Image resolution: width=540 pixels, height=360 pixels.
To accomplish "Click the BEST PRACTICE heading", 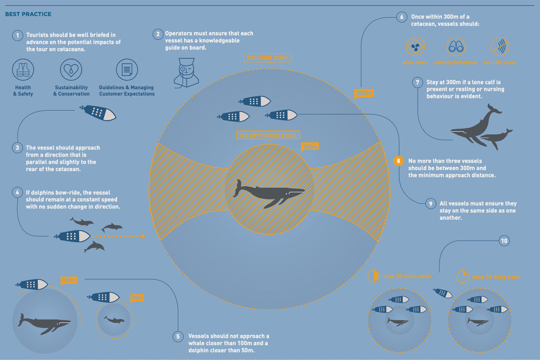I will click(28, 14).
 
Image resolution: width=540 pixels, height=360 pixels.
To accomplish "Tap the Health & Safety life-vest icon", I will click(23, 69).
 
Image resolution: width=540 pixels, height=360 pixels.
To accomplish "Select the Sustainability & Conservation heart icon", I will click(71, 69).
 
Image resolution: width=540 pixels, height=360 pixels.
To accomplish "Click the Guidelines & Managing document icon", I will click(127, 69).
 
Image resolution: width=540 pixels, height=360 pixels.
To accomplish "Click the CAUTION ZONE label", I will click(267, 58).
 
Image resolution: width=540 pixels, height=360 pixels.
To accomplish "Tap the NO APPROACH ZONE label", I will click(268, 135).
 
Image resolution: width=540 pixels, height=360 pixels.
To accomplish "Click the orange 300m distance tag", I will click(364, 94).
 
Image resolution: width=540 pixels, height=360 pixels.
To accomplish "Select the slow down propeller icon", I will click(415, 47).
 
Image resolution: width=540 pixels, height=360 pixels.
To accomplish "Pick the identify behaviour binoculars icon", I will click(456, 47).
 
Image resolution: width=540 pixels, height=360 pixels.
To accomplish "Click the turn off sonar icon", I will click(500, 47).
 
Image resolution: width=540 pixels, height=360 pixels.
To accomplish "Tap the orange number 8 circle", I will click(398, 161).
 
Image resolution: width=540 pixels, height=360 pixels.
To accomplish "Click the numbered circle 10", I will click(504, 241).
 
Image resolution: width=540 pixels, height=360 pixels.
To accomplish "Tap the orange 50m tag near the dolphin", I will click(137, 298).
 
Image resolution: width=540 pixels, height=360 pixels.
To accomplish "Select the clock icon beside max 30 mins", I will click(374, 276).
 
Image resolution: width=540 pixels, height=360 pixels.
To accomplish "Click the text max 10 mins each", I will click(496, 277).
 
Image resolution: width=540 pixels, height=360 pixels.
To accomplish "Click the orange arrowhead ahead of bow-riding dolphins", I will click(144, 237).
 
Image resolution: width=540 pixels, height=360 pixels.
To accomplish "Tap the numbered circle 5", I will click(178, 337).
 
